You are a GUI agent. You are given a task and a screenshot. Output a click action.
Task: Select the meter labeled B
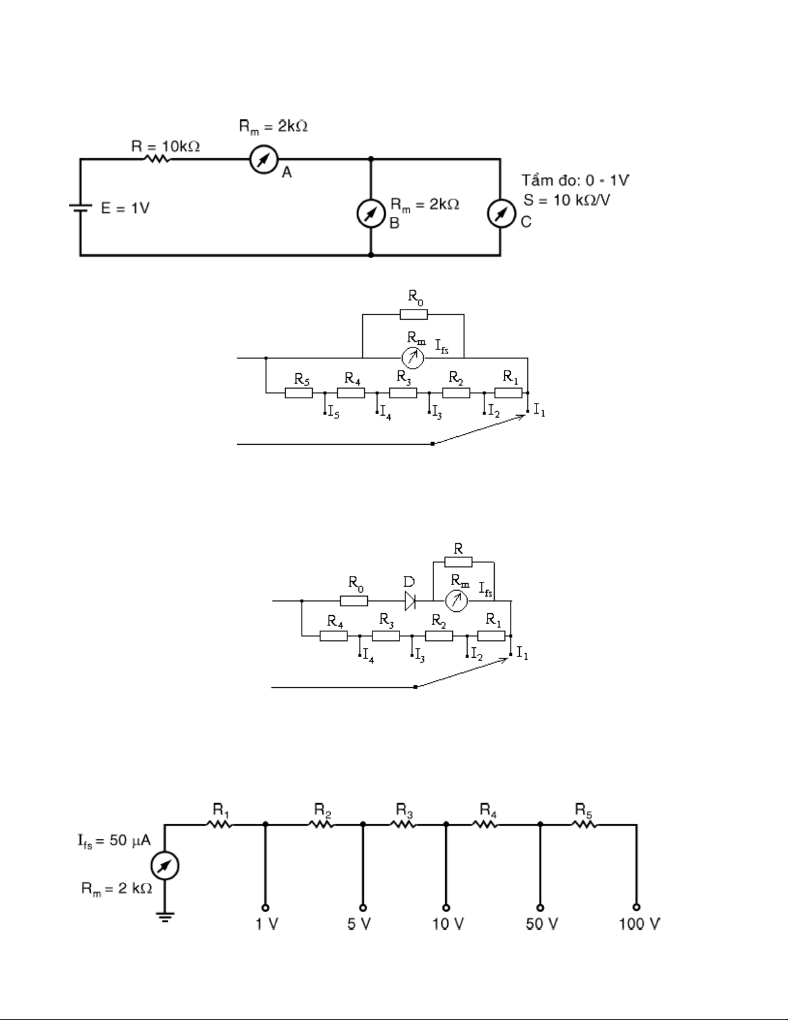point(371,214)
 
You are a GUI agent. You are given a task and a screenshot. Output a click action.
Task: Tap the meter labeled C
point(500,214)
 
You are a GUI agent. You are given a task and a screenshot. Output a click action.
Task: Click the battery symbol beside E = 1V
point(80,208)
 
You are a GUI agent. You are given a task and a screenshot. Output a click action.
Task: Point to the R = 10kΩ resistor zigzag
point(156,159)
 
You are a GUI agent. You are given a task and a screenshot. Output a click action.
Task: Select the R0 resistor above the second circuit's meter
point(413,315)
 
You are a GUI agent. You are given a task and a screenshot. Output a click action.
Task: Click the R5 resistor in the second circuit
point(298,393)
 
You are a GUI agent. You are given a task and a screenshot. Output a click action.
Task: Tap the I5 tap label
point(333,413)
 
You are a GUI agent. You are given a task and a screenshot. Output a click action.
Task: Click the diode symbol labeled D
point(410,601)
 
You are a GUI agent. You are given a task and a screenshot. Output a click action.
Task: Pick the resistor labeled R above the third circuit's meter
point(458,562)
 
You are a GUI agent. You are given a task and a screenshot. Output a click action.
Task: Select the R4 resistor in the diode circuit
point(333,636)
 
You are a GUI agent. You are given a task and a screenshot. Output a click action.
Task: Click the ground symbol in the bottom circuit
point(165,916)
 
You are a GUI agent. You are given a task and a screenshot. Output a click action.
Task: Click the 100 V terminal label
point(639,924)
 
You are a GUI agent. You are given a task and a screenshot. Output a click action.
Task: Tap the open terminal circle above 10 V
point(445,907)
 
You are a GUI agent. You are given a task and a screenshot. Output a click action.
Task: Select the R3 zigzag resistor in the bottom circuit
point(403,824)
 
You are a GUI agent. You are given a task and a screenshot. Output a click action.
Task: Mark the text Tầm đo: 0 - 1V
point(575,180)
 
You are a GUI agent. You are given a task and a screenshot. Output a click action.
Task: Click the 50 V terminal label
point(541,924)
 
